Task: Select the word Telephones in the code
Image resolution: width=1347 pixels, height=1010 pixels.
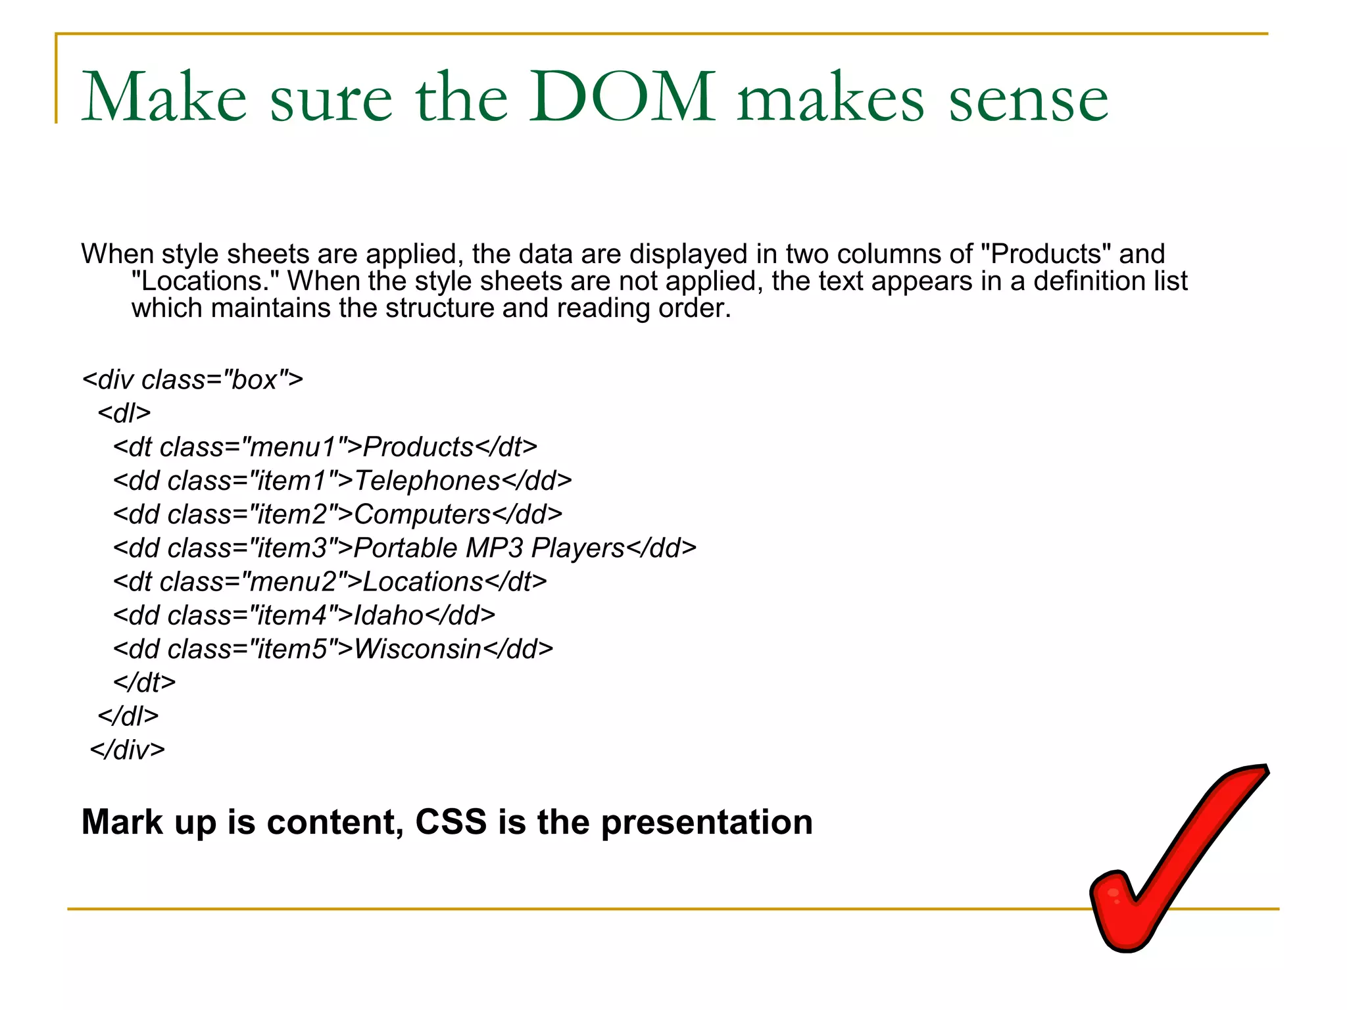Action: pyautogui.click(x=428, y=481)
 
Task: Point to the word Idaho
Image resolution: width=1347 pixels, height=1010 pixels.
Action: pyautogui.click(x=389, y=615)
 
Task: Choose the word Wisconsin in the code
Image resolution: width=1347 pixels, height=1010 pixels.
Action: pyautogui.click(x=418, y=649)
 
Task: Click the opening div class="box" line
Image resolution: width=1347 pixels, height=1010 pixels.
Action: pyautogui.click(x=193, y=380)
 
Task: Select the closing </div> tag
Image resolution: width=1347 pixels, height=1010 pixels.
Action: pyautogui.click(x=128, y=750)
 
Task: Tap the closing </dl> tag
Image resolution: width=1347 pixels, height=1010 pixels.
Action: pyautogui.click(x=128, y=716)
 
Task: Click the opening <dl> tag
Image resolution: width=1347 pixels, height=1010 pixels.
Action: pyautogui.click(x=124, y=414)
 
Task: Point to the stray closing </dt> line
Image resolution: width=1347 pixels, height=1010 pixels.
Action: pyautogui.click(x=145, y=683)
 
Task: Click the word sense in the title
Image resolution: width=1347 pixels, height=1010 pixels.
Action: pyautogui.click(x=1029, y=99)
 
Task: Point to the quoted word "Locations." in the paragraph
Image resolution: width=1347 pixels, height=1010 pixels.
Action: pyautogui.click(x=206, y=281)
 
